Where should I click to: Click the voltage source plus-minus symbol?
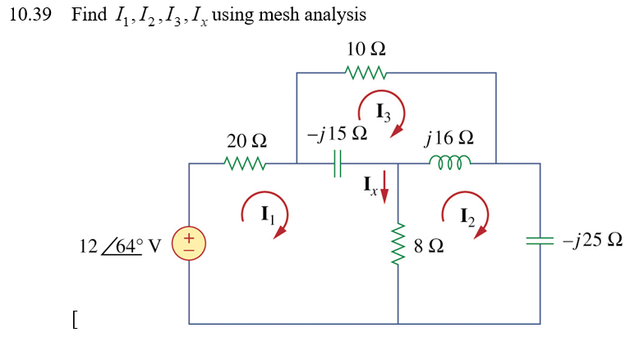[189, 242]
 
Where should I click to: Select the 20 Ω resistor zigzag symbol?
[246, 164]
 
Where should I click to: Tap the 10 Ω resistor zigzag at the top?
[365, 73]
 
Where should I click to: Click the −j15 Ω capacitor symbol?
[337, 164]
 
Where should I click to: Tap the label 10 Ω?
[366, 49]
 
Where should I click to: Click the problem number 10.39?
[30, 16]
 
